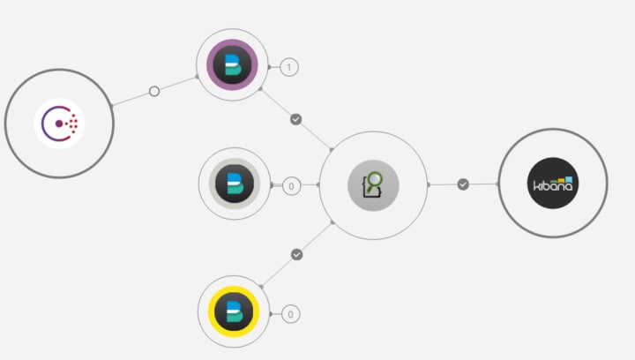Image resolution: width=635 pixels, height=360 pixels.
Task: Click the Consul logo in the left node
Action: pos(59,124)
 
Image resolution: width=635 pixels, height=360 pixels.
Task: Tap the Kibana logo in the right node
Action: pos(553,184)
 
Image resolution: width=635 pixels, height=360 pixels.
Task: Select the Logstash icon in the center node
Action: pos(373,185)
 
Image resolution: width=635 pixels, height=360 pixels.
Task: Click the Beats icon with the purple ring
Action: pos(232,65)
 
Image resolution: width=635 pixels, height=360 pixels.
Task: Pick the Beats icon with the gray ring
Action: pos(234,184)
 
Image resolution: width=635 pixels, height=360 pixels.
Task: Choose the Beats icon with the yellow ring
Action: pos(233,311)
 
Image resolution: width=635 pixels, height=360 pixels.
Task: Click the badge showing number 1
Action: pos(289,67)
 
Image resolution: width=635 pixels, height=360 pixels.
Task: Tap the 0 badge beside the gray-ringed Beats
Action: pos(291,186)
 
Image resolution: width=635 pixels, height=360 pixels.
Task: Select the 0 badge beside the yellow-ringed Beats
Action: pos(290,313)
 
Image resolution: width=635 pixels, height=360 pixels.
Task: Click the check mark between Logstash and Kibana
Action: pos(463,184)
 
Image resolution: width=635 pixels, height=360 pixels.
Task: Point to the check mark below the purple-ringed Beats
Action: pos(296,118)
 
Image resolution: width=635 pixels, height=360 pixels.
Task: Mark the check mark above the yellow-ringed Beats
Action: pos(297,254)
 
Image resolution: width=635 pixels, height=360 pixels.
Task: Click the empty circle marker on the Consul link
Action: pos(154,91)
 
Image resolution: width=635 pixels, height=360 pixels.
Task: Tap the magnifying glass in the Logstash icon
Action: pos(377,180)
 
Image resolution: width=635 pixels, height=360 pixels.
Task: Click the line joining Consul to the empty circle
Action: pos(132,98)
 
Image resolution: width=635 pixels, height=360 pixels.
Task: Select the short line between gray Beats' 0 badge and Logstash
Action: pos(310,185)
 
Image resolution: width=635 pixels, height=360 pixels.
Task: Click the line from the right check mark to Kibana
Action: pos(483,184)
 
